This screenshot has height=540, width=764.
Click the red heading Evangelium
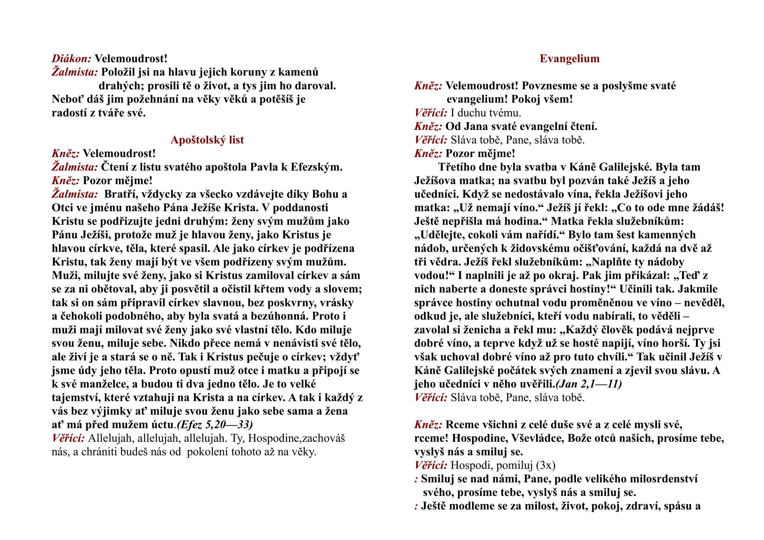569,58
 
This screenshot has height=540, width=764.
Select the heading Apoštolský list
207,140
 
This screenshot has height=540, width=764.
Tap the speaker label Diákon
72,58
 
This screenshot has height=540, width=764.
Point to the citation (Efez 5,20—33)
215,425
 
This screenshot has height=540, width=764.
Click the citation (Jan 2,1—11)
589,384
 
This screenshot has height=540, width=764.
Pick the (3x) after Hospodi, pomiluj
546,466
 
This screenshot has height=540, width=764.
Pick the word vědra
444,262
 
